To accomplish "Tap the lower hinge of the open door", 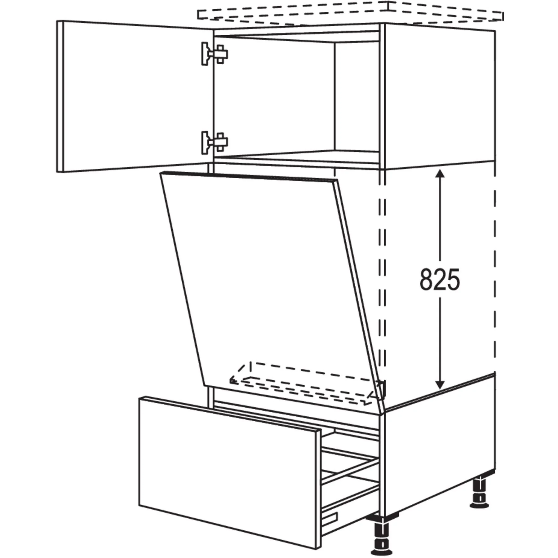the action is click(x=215, y=143).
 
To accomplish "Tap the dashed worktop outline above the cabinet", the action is click(x=350, y=14).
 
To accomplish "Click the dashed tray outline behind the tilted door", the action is click(x=305, y=383).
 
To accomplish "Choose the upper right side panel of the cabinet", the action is click(x=440, y=96).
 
